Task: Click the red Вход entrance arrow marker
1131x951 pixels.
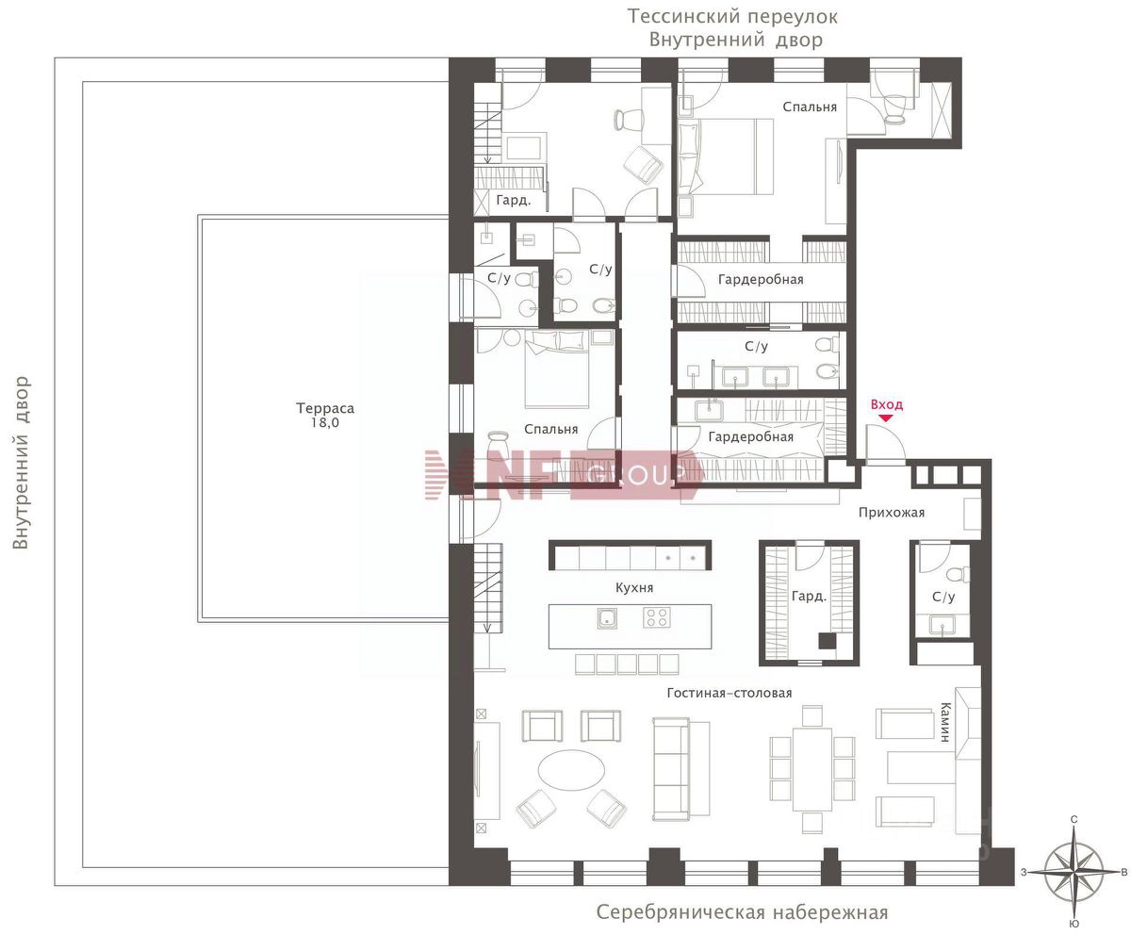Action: point(886,418)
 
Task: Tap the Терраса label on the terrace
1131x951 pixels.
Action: point(325,408)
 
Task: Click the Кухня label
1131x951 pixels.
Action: point(634,587)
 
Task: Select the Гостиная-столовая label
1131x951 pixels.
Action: point(729,693)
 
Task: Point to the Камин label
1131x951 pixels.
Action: point(945,722)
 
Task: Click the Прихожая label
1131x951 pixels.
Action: point(891,513)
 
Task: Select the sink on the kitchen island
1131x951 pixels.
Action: point(607,618)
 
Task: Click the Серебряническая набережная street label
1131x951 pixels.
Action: point(742,912)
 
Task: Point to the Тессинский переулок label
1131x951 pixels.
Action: point(732,17)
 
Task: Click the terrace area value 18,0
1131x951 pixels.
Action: point(325,422)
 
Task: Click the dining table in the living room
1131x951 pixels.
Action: point(811,769)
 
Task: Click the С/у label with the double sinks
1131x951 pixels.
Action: point(756,346)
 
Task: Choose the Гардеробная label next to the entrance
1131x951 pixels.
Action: point(751,436)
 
